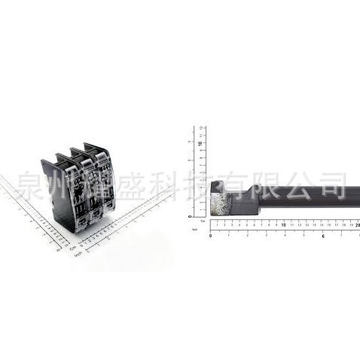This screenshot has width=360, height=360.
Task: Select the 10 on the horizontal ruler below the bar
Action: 283,224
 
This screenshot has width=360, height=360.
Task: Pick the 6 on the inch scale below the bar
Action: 322,236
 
